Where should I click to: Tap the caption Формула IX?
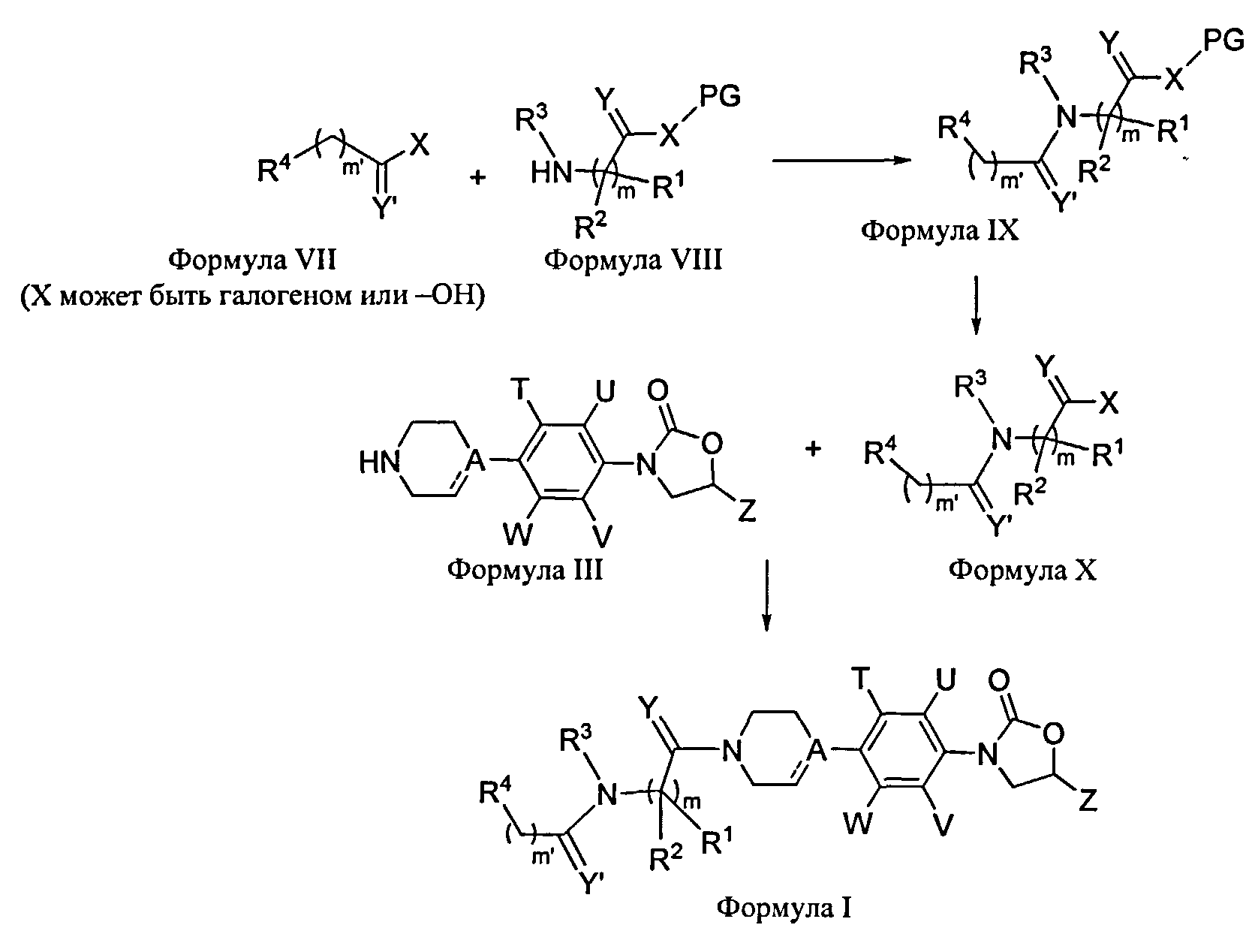pyautogui.click(x=939, y=230)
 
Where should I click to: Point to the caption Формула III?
pyautogui.click(x=525, y=571)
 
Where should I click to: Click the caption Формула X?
pyautogui.click(x=1022, y=571)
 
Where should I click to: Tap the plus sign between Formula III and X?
pyautogui.click(x=813, y=449)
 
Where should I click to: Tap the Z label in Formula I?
pyautogui.click(x=1089, y=803)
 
